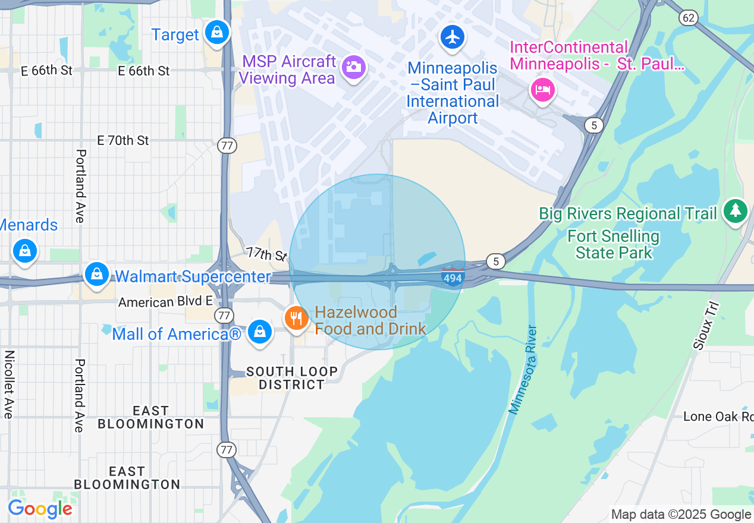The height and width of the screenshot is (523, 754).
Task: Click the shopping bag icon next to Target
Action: pos(218,32)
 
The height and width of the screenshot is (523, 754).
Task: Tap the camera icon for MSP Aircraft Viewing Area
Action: pos(353,67)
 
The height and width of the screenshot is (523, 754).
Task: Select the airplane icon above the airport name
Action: pos(453,37)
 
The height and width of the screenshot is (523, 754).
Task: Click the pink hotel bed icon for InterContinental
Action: pos(542,90)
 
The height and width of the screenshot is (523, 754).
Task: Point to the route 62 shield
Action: pos(689,18)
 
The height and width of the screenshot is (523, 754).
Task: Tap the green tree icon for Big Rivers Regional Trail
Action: pos(736,210)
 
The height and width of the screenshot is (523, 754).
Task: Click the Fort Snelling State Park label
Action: pos(614,245)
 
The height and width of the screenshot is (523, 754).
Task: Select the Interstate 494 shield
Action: pos(453,277)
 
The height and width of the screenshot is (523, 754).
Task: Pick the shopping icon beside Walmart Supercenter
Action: pos(96,274)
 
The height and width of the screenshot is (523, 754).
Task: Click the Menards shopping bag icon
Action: pos(24,250)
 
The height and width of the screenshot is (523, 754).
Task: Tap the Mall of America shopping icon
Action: pos(260,332)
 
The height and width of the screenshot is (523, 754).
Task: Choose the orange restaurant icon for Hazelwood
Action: pos(296,319)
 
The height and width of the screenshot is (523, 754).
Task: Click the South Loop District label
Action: pos(291,378)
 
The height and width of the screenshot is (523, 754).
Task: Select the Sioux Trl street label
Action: pos(706,325)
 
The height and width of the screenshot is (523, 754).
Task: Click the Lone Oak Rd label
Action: pos(718,417)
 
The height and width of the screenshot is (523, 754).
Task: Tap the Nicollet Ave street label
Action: pos(9,384)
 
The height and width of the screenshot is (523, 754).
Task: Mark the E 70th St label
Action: pos(123,141)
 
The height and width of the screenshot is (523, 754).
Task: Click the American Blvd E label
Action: pos(165,303)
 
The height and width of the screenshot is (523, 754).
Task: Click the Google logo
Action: pos(40,509)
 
